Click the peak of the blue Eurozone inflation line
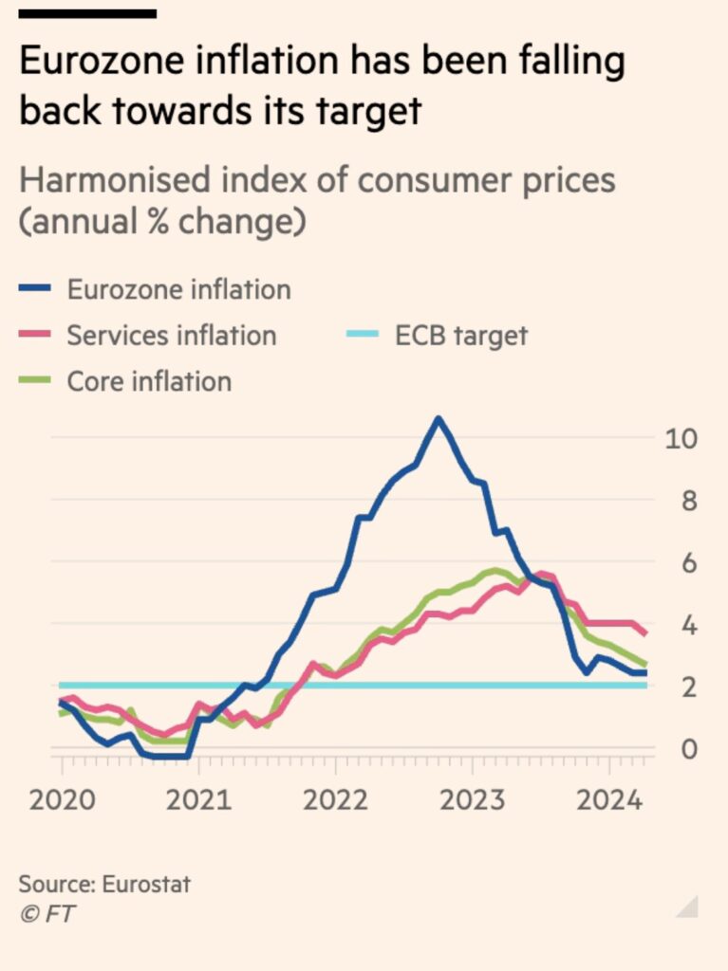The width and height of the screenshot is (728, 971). coord(438,418)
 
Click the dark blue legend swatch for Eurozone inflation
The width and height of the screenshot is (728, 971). coord(38,288)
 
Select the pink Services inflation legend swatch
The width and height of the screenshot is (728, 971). coord(38,335)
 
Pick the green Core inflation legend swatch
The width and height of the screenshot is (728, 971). coord(38,381)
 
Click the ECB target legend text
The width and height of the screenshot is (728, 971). coord(460,335)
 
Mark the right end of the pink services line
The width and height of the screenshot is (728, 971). coord(646,633)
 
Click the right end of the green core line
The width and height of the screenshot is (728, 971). coord(646,664)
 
